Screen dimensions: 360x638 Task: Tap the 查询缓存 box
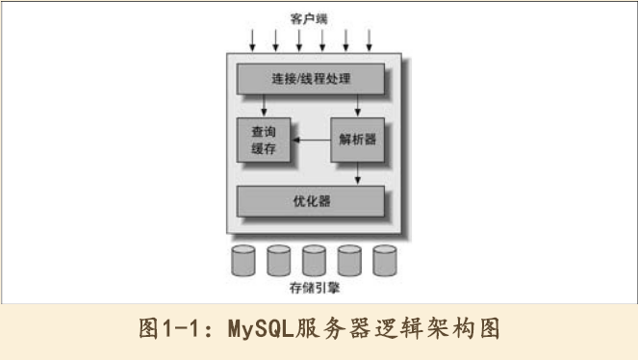262,140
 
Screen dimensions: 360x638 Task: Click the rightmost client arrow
370,39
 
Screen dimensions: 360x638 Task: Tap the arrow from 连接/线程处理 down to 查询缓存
262,106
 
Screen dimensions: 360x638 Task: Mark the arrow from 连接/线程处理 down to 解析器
357,106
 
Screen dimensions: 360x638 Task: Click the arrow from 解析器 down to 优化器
357,173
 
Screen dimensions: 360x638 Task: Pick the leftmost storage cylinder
243,260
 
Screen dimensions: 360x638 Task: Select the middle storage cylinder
314,260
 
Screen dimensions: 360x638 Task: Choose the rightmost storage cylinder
385,260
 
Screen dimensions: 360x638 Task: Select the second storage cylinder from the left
279,260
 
